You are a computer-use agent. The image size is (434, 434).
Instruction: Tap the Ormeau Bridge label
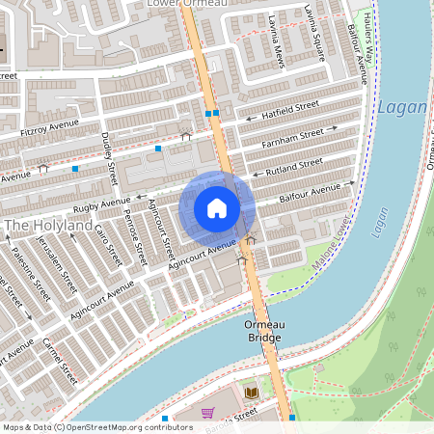pyautogui.click(x=262, y=332)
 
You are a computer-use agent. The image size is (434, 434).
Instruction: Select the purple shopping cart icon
pyautogui.click(x=207, y=413)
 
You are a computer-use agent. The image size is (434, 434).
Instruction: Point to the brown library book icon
pyautogui.click(x=252, y=392)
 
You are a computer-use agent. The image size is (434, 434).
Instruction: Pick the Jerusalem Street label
pyautogui.click(x=63, y=269)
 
